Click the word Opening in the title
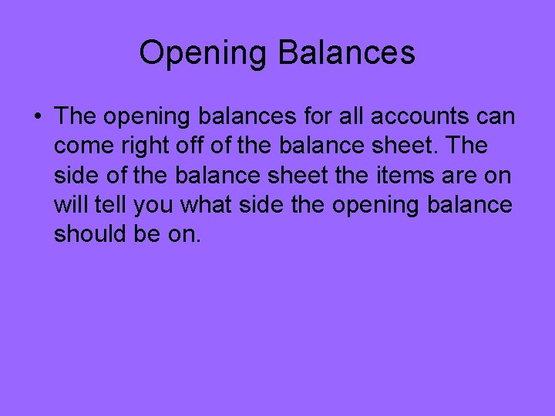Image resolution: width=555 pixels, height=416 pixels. [x=203, y=53]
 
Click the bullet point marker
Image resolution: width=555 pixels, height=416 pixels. [x=37, y=118]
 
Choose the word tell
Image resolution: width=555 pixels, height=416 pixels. [x=112, y=205]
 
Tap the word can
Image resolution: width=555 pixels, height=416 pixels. [x=498, y=117]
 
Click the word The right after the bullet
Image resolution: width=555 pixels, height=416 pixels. [x=74, y=117]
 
